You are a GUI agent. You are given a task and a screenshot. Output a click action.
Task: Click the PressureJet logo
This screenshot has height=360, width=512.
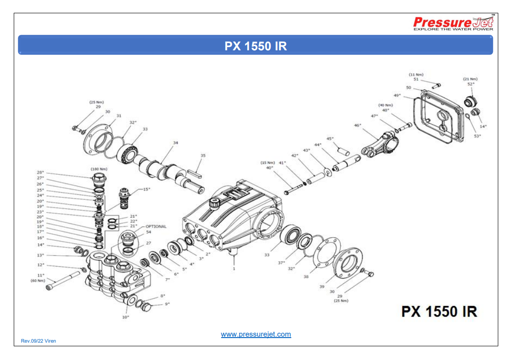pos(453,23)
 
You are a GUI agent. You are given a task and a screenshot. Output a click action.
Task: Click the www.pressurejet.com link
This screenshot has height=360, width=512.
pos(256,334)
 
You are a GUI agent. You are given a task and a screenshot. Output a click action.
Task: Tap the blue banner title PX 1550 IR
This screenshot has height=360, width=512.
pos(256,46)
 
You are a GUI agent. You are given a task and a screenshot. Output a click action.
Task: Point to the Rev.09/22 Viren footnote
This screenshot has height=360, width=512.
pos(38,341)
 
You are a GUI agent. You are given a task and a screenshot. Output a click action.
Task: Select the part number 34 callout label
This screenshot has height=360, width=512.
pos(175,143)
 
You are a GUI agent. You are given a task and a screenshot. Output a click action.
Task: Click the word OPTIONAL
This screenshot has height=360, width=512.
pos(156,226)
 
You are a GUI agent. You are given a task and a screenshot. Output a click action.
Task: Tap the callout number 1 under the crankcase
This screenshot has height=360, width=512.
pos(234,269)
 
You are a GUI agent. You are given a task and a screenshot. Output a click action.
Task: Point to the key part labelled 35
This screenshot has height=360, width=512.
pos(197,172)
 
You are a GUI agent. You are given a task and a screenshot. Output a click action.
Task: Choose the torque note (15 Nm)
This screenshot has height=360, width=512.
pos(268,162)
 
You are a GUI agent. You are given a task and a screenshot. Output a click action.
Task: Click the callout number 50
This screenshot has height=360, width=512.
pos(408,87)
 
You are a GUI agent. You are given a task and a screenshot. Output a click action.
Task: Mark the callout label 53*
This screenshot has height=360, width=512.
pos(477,135)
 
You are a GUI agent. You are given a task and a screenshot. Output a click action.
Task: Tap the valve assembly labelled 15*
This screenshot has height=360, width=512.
pos(127,197)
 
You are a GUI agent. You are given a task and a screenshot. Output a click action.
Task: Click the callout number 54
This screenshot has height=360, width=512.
pos(148,232)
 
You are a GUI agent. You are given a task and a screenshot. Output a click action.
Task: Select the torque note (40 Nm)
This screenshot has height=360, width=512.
pos(385,105)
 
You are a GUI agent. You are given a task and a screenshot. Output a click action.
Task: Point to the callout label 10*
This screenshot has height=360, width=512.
pos(125,317)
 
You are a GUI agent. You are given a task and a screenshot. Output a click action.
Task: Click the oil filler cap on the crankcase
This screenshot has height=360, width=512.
pos(215,203)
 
